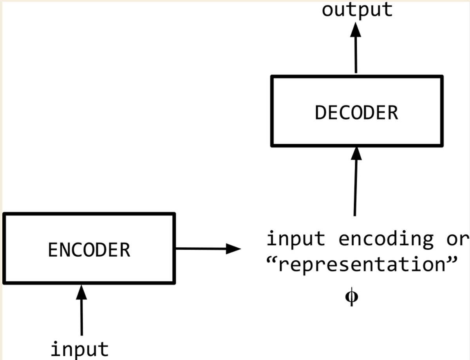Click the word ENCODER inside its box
[89, 250]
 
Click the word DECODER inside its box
[356, 113]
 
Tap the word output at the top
[357, 9]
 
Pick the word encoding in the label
[386, 239]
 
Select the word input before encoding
[296, 239]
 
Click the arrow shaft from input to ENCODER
[81, 317]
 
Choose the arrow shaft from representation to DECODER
[355, 188]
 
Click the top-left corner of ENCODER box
[4, 214]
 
